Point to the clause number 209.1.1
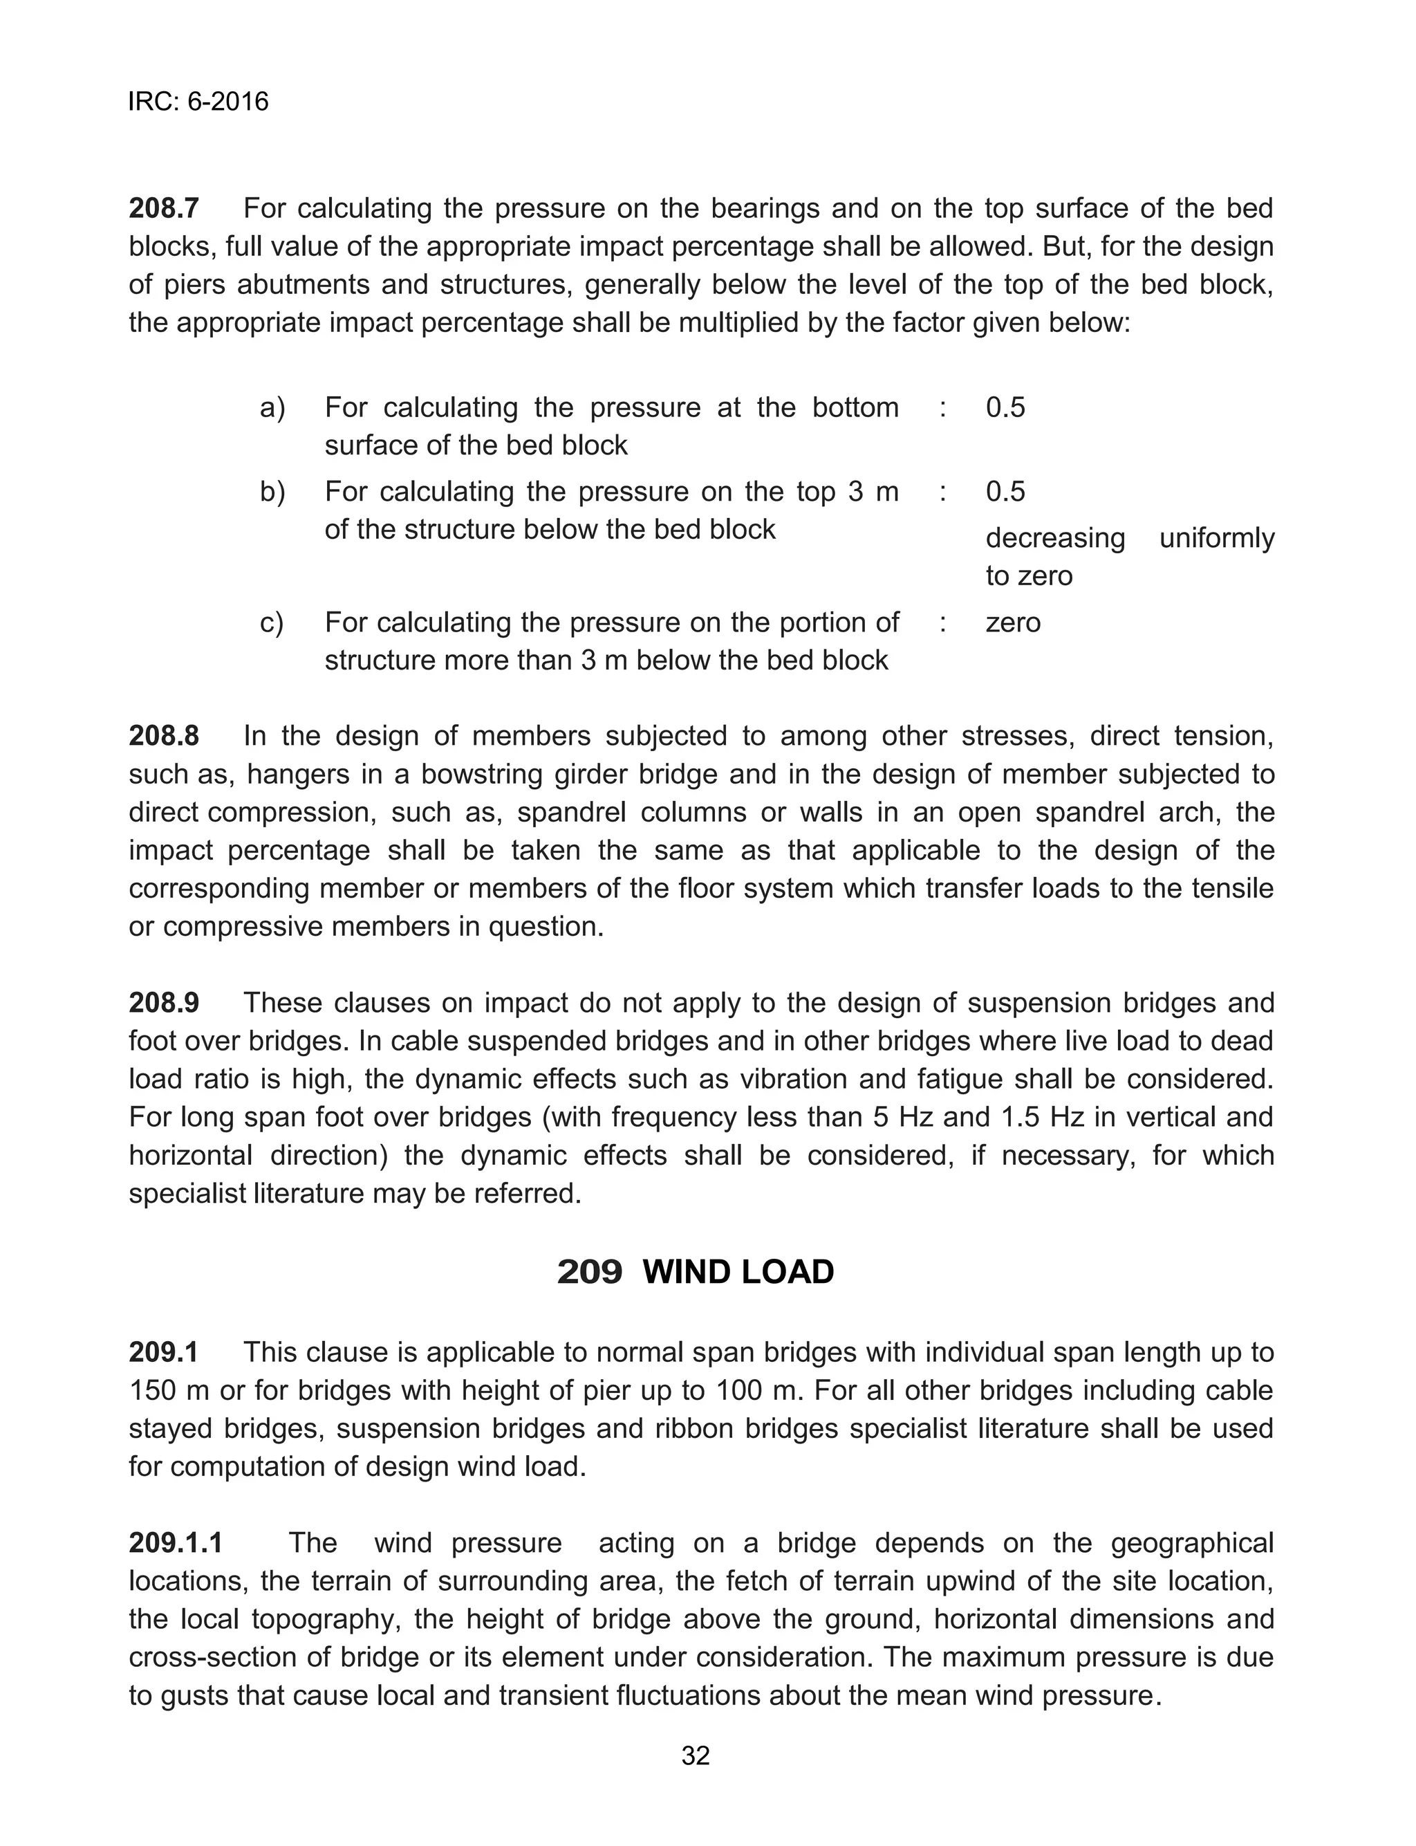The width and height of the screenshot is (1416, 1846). [x=176, y=1542]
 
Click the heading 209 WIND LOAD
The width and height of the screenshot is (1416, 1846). [x=696, y=1272]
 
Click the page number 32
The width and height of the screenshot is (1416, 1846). [x=696, y=1756]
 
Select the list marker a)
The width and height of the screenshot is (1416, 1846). [x=272, y=408]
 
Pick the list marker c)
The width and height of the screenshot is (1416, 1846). [x=272, y=623]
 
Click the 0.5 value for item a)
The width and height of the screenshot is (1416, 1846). [x=1005, y=408]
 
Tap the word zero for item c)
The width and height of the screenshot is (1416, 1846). [x=1012, y=623]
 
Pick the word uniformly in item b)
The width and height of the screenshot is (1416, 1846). [x=1216, y=538]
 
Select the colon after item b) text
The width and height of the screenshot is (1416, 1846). [x=942, y=492]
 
